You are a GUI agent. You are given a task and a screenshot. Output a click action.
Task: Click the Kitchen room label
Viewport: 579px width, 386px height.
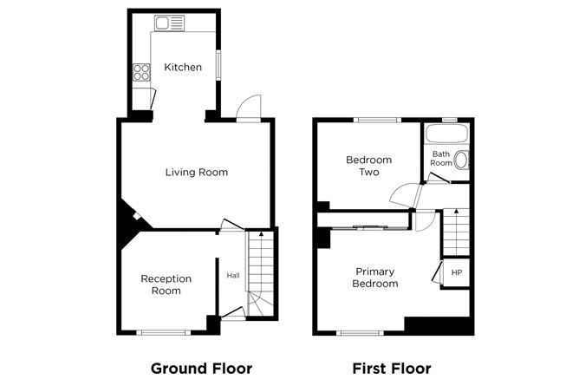(183, 67)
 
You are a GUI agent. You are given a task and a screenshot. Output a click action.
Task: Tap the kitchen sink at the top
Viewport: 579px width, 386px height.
(169, 23)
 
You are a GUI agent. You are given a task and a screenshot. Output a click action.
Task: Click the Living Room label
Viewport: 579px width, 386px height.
(196, 172)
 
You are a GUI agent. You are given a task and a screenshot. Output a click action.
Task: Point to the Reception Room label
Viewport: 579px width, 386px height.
(166, 285)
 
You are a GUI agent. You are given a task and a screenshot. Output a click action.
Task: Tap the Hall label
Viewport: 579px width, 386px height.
(233, 276)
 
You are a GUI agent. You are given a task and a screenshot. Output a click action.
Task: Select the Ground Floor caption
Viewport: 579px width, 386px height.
(201, 368)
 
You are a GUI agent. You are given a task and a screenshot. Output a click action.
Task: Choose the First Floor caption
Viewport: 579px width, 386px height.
(391, 368)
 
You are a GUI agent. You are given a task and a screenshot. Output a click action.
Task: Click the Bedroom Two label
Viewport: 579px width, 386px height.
(368, 166)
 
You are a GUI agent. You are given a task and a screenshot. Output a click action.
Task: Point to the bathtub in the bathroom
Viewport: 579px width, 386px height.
(446, 134)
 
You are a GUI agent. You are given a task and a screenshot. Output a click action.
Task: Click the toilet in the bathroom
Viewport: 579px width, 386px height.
(462, 160)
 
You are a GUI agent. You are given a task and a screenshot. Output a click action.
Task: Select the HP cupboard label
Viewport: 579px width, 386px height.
(456, 272)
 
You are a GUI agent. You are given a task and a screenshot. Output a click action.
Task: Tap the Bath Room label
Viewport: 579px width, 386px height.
(441, 159)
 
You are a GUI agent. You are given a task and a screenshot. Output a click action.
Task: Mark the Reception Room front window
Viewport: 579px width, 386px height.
(163, 332)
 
